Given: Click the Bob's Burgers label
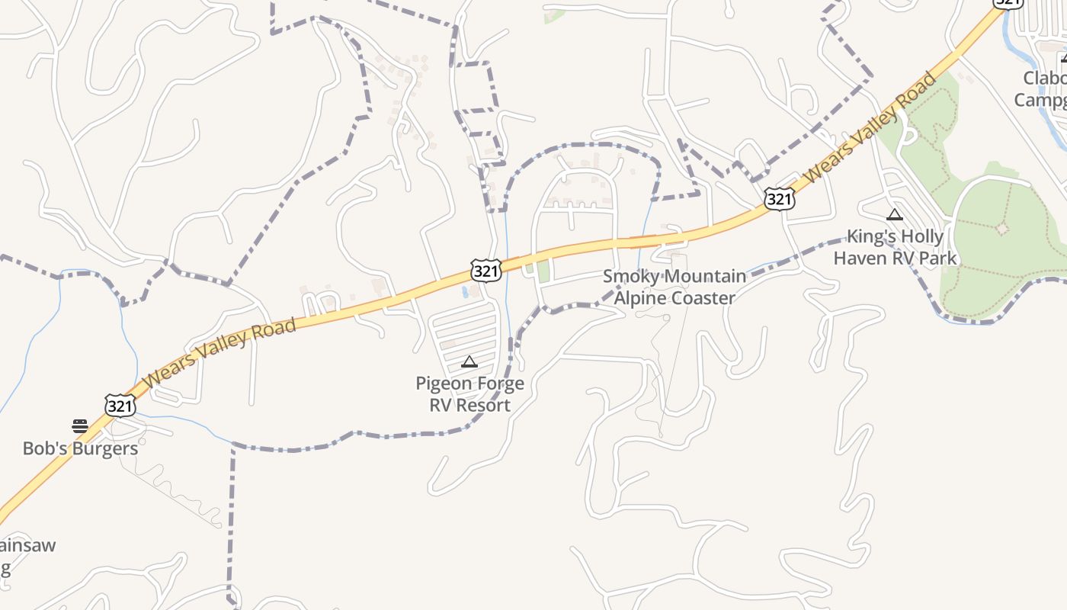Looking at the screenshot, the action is pos(80,448).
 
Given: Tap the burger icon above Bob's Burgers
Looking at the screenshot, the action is pos(80,425).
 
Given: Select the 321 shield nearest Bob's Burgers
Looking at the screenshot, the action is pos(120,406).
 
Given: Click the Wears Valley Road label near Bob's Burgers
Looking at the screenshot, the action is pos(219,352).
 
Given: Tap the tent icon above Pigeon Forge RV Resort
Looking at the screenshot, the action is pos(469,361).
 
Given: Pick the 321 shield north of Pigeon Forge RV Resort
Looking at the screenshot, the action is pos(485,270).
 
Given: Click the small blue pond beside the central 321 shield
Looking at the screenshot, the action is pos(465,291).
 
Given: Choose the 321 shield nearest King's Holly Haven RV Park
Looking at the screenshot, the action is pos(779,200).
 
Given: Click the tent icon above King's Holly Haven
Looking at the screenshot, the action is pos(895,215).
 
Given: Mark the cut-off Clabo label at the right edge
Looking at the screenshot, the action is pos(1045,79).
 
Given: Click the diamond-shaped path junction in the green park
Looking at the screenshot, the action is pos(1002,228).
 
